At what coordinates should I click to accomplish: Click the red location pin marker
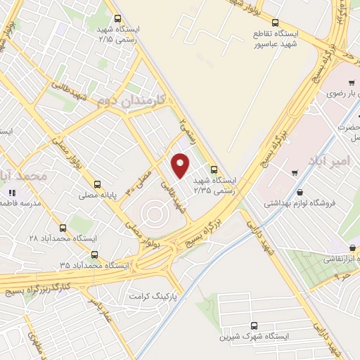pyautogui.click(x=181, y=166)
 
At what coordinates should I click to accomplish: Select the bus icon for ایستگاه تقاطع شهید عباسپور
pyautogui.click(x=275, y=22)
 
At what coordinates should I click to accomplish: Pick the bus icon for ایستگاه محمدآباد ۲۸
pyautogui.click(x=63, y=228)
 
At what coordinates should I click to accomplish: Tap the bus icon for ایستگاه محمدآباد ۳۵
pyautogui.click(x=95, y=255)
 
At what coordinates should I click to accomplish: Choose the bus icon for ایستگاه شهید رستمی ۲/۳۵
pyautogui.click(x=214, y=169)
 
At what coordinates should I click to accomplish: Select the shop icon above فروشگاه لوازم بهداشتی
pyautogui.click(x=300, y=192)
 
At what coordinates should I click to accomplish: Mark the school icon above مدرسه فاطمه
pyautogui.click(x=11, y=192)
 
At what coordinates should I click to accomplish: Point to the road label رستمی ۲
pyautogui.click(x=185, y=127)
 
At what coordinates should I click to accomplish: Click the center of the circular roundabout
pyautogui.click(x=154, y=210)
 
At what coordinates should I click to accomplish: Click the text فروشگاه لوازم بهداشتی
pyautogui.click(x=300, y=203)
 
